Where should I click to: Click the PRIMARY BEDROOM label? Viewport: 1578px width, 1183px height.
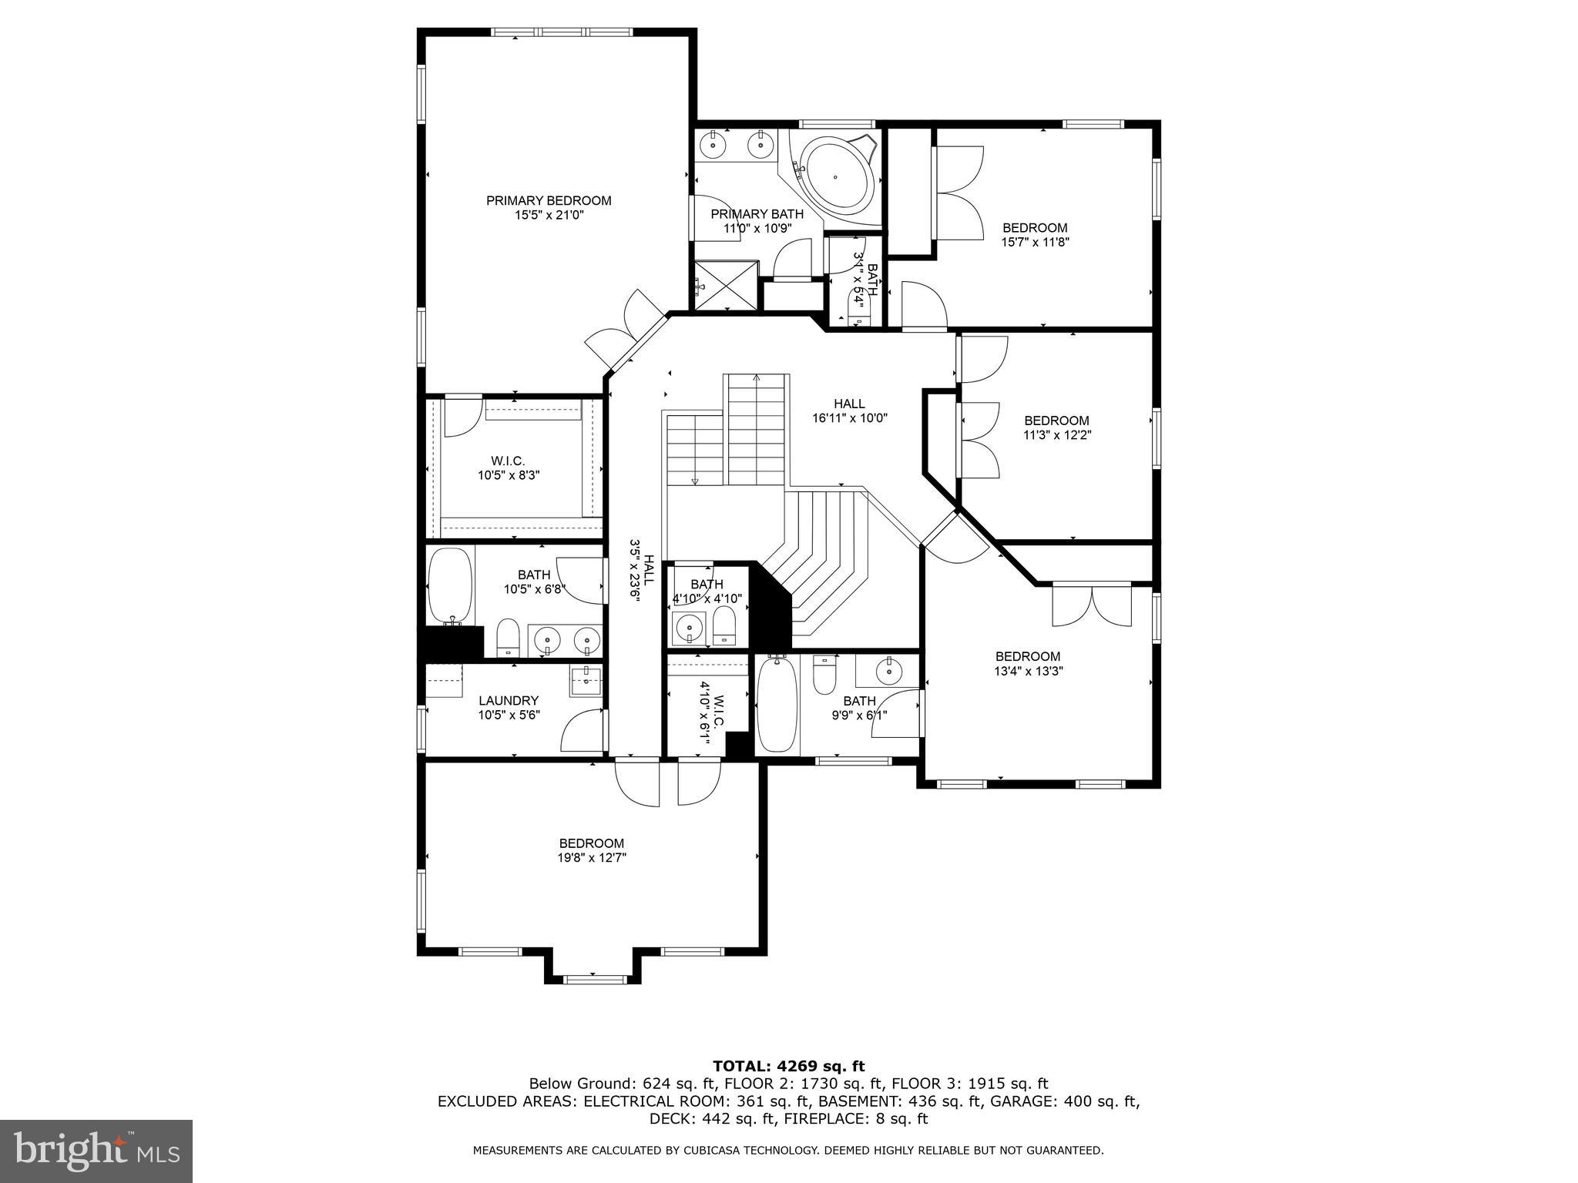coord(548,200)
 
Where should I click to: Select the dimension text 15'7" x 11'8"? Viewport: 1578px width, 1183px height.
coord(1035,242)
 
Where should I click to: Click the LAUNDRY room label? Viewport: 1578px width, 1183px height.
coord(508,700)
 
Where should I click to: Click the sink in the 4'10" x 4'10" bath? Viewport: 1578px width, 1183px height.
coord(688,628)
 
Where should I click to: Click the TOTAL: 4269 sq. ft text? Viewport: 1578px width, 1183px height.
coord(788,1066)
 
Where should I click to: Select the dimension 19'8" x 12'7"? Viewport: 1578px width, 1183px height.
coord(591,857)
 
